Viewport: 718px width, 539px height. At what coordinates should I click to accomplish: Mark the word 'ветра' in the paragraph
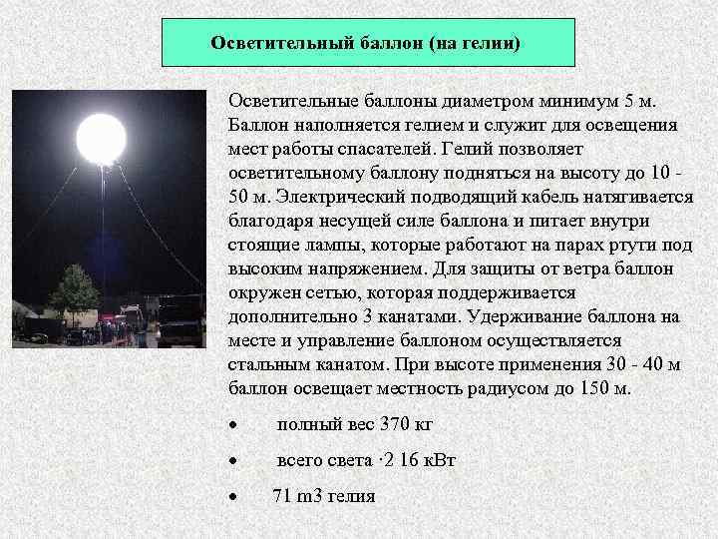(x=589, y=269)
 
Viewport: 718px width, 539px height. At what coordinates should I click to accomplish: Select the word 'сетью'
(x=333, y=293)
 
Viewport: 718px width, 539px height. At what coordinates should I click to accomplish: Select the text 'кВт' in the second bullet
(x=438, y=460)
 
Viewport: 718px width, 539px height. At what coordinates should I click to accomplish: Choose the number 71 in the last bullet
(x=282, y=495)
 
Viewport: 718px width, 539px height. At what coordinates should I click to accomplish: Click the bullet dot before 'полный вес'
(x=232, y=424)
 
